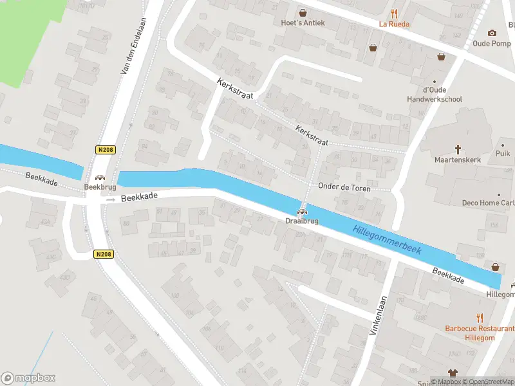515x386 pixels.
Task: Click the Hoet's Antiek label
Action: click(x=302, y=23)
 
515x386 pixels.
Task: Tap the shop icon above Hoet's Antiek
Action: click(x=302, y=12)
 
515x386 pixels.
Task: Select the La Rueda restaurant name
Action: click(x=394, y=24)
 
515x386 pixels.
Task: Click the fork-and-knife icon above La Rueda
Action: click(x=394, y=13)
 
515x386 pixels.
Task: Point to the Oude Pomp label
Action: click(x=492, y=44)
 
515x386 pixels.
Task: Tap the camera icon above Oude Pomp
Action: click(x=492, y=33)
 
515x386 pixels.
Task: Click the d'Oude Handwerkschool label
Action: click(x=435, y=95)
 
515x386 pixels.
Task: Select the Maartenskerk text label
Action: click(x=458, y=160)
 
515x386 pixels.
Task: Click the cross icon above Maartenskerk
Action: click(x=458, y=149)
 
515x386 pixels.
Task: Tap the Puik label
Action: click(x=503, y=154)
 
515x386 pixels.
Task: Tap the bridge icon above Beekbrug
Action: click(x=99, y=177)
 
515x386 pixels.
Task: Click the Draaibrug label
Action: click(x=301, y=221)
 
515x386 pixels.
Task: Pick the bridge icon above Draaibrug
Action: click(x=301, y=212)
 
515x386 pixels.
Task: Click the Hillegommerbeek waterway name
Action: click(x=387, y=239)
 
